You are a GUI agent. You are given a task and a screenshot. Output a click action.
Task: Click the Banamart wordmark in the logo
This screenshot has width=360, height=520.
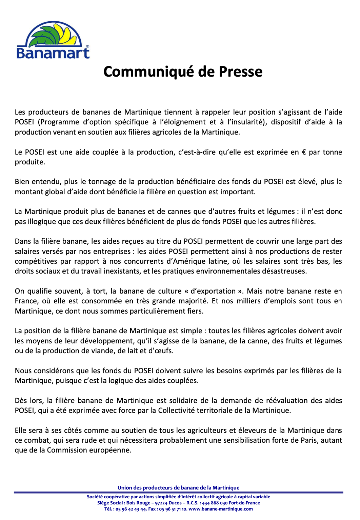point(53,53)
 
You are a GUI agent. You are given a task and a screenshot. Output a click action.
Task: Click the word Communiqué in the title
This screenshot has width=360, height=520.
point(147,72)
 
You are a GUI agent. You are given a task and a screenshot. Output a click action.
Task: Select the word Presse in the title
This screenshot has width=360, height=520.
point(240,72)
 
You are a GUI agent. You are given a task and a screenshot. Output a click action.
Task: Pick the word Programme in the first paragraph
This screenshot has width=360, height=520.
point(61,122)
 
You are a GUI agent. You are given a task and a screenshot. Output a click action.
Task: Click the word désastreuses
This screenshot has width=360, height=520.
point(279,271)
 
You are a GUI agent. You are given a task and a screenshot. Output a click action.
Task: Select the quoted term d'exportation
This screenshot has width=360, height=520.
point(215,291)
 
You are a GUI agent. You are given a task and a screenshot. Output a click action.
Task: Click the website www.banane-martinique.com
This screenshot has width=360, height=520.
point(221,509)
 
